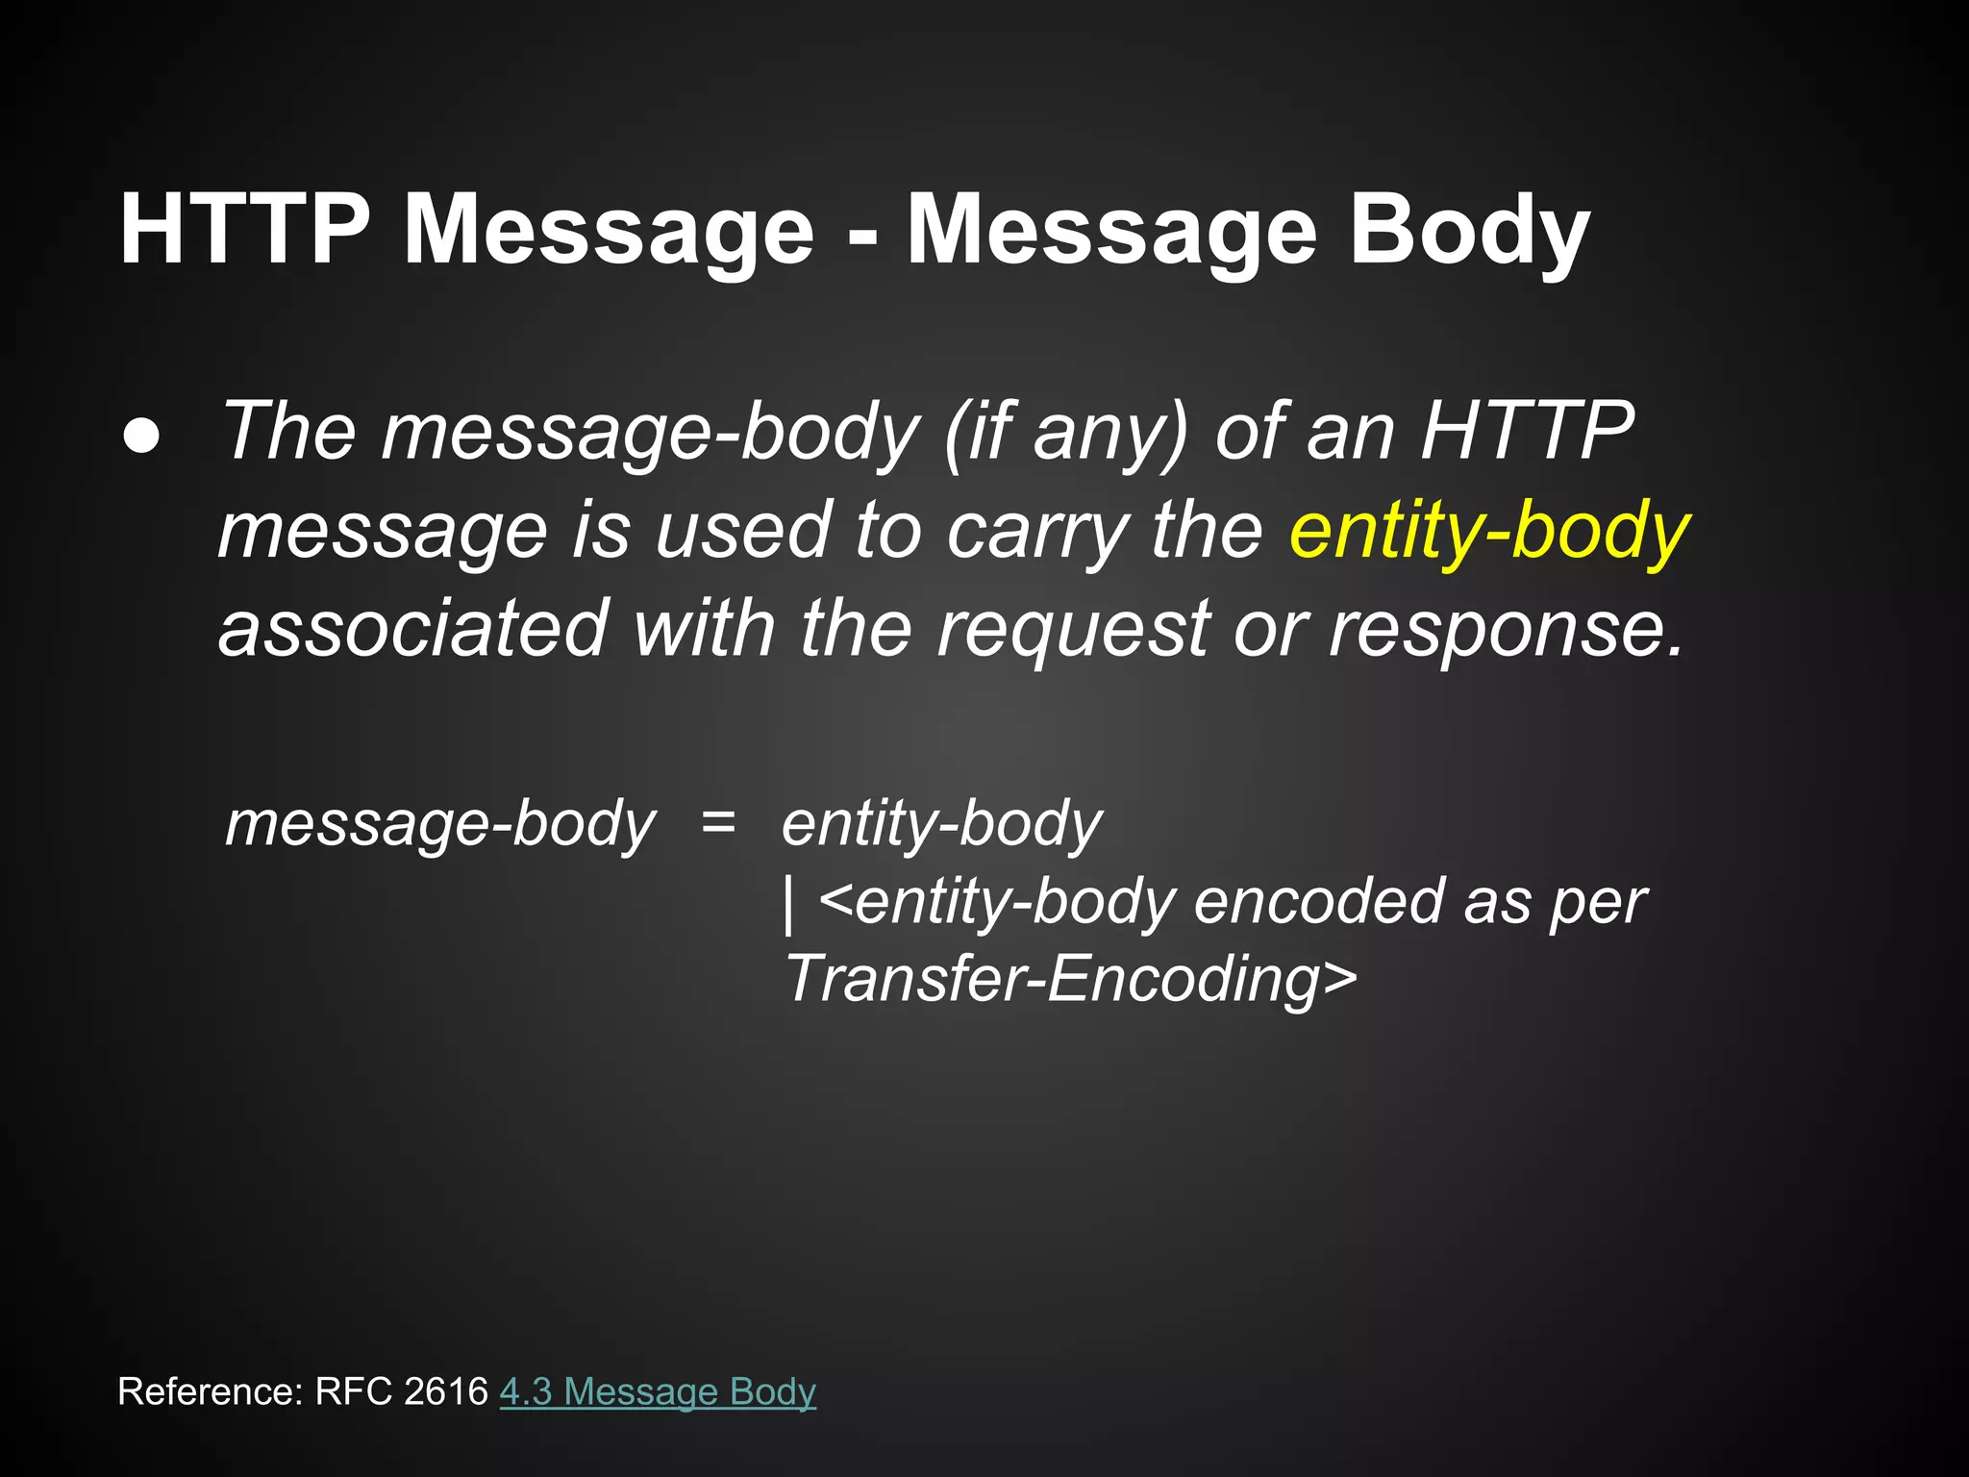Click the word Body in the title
coord(1469,231)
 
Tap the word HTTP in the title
coord(244,231)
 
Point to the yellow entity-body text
coord(1488,531)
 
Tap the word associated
coord(413,628)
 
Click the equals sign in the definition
coord(718,823)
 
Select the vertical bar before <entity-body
coord(789,904)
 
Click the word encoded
coord(1318,902)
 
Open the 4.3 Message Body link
coord(658,1391)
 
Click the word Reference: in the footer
coord(211,1391)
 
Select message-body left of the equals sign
coord(440,825)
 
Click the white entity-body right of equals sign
coord(941,825)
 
